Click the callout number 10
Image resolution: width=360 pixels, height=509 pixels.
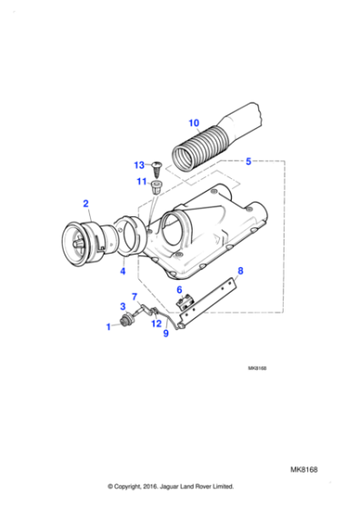coord(194,123)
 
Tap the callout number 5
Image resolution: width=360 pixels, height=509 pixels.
coord(248,162)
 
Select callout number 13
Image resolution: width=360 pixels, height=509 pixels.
coord(139,165)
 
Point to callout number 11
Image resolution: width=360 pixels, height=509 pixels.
coord(142,184)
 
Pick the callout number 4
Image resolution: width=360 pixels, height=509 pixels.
coord(123,271)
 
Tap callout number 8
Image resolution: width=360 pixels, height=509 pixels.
coord(240,271)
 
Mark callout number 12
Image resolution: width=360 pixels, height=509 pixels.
coord(156,324)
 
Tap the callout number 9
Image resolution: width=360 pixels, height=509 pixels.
coord(166,334)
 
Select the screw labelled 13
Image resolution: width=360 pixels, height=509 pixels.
coord(156,167)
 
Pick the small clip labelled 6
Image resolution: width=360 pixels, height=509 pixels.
coord(182,302)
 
